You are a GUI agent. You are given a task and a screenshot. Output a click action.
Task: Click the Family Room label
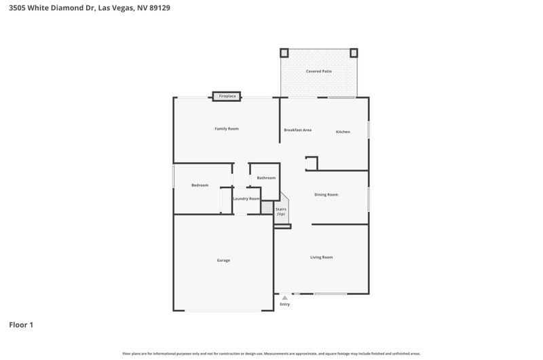(227, 129)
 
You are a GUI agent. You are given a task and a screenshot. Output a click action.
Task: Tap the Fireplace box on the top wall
(227, 96)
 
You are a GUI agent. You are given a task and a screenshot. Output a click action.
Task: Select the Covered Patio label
(318, 71)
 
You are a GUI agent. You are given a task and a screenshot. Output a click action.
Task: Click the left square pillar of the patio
(284, 53)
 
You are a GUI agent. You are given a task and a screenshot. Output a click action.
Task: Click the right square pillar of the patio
(354, 53)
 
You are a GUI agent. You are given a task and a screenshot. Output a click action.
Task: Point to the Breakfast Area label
(297, 130)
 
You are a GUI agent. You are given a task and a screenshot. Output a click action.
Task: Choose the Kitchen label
(343, 132)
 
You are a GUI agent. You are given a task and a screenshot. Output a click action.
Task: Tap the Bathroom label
(266, 178)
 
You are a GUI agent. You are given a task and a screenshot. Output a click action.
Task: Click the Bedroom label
(200, 185)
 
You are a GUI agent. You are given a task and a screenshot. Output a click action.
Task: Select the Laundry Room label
(246, 199)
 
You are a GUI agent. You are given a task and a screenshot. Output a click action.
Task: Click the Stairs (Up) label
(281, 212)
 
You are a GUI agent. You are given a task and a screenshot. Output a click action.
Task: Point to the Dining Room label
(326, 195)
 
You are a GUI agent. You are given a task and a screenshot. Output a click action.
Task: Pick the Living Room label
(321, 257)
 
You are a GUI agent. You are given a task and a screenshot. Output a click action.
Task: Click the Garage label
(223, 261)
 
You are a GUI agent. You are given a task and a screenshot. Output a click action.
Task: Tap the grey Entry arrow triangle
(284, 298)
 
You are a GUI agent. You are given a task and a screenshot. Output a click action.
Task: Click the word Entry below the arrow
(284, 304)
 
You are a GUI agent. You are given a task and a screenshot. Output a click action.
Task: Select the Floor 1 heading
(21, 325)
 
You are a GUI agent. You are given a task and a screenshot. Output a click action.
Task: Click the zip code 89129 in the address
(160, 8)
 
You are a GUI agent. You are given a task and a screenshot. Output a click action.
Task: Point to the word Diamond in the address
(67, 8)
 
